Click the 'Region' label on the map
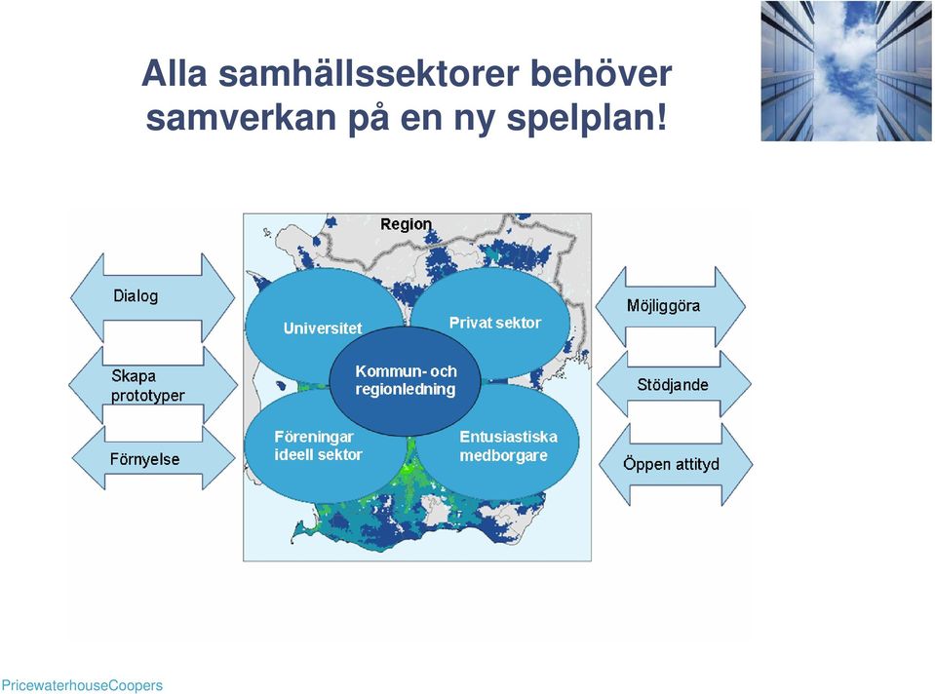click(407, 224)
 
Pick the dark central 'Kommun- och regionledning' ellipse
click(405, 380)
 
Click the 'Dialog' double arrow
click(153, 297)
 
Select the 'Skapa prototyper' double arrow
click(153, 385)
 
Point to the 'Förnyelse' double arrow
click(154, 458)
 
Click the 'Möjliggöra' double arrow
click(670, 306)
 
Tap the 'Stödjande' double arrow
click(674, 385)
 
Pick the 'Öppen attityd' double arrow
click(676, 465)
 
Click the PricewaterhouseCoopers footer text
click(82, 685)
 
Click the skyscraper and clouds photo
click(845, 71)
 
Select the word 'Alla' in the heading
click(175, 73)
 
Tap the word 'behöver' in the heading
click(601, 73)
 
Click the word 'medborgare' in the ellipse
click(503, 456)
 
